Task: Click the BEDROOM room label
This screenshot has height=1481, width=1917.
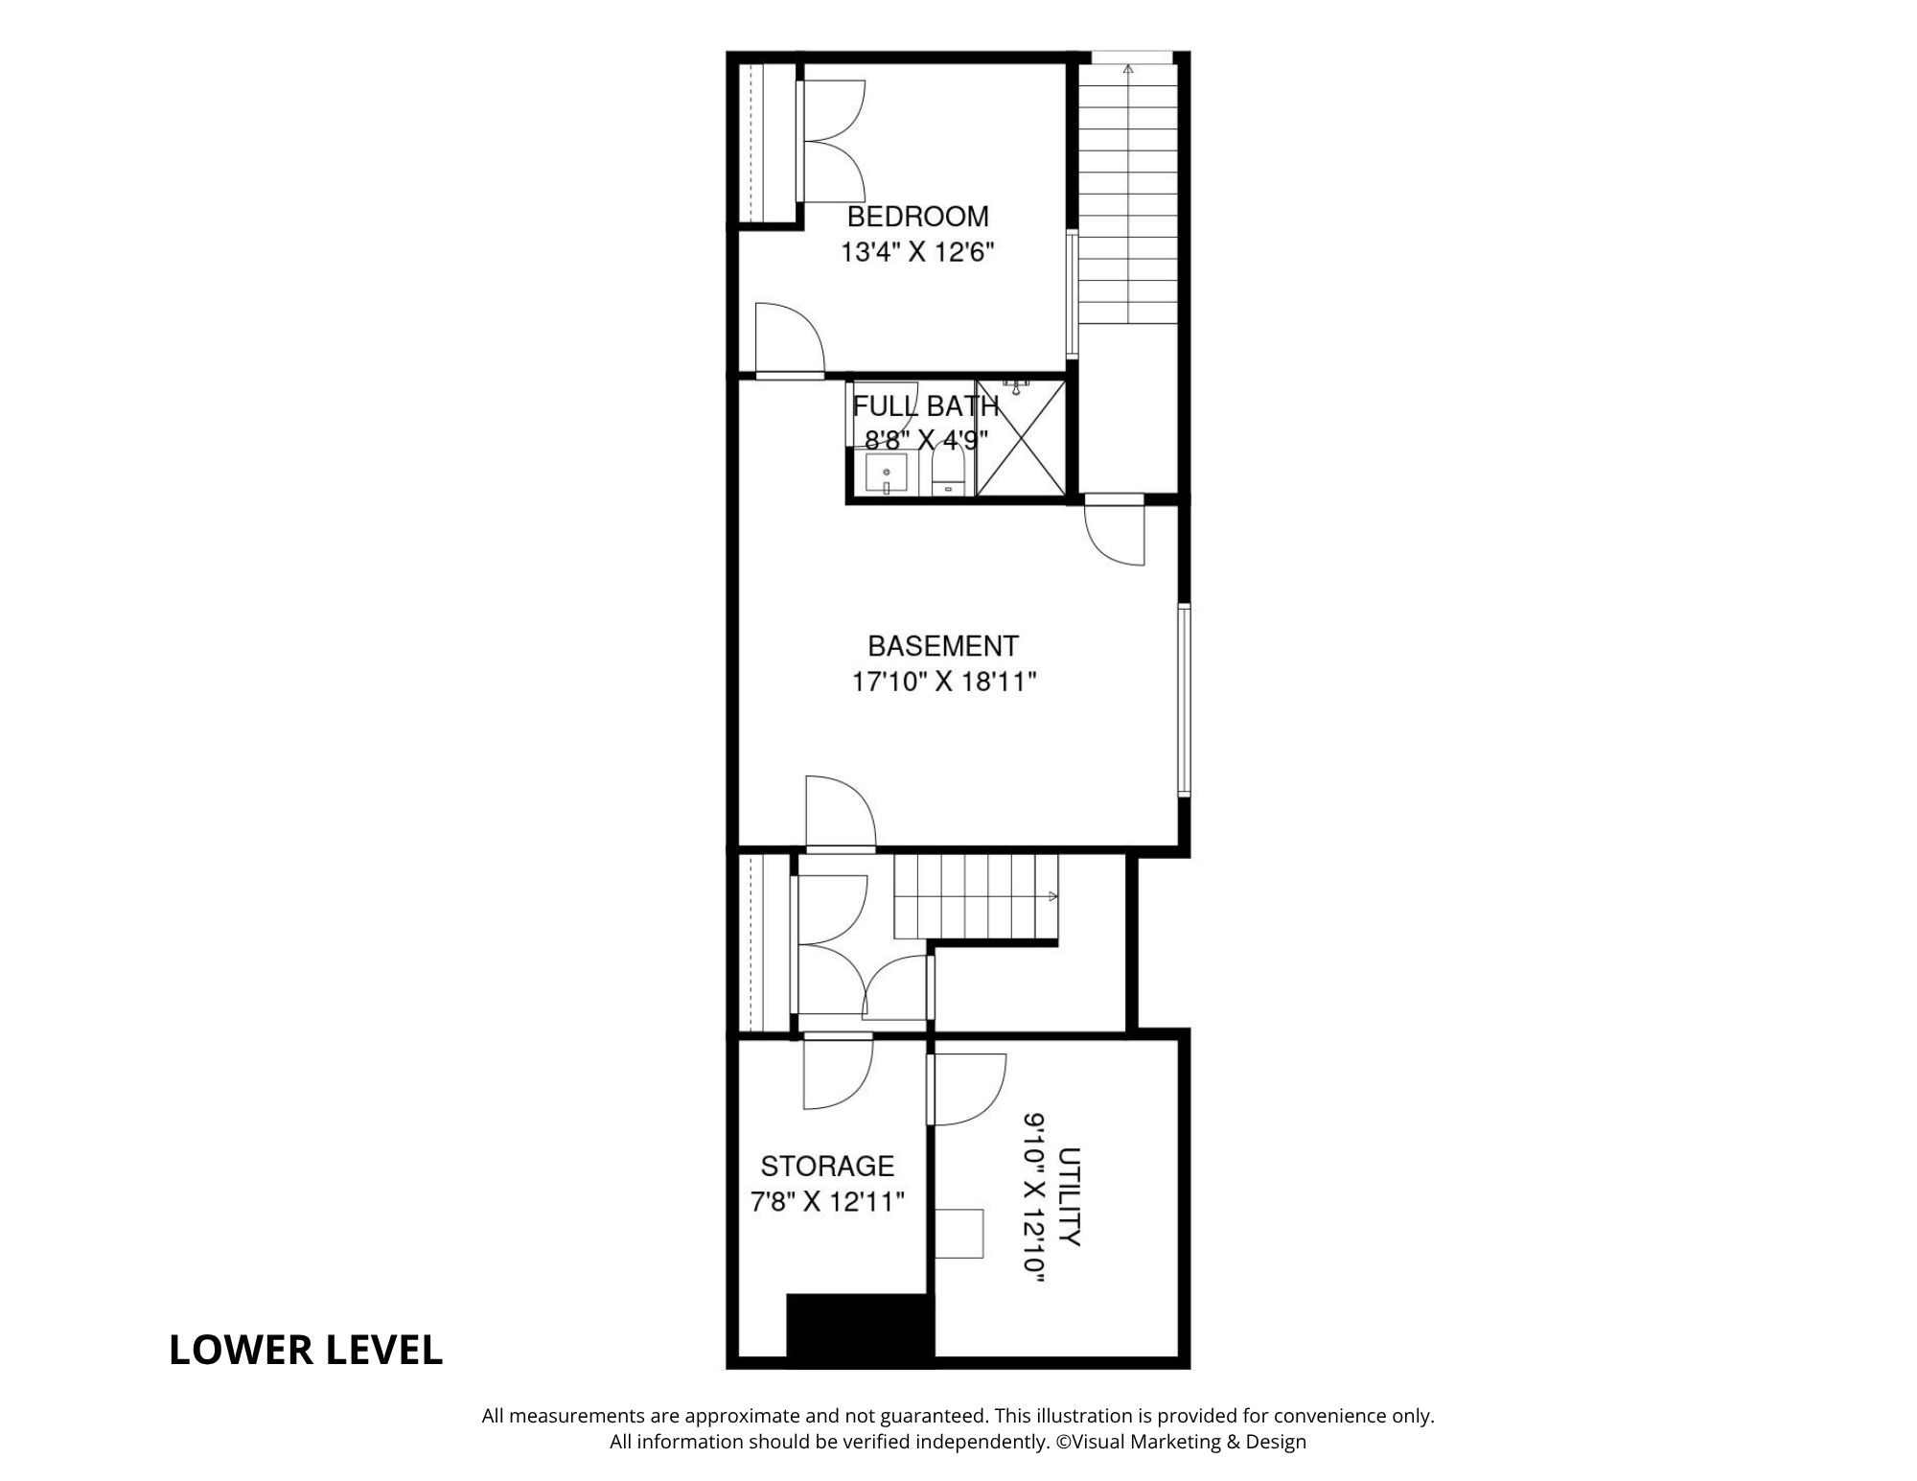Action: coord(917,217)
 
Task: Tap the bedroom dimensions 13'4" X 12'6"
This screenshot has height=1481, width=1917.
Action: coord(917,253)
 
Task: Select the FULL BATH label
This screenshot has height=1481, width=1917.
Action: coord(926,406)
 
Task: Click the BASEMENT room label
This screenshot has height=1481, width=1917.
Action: coord(943,646)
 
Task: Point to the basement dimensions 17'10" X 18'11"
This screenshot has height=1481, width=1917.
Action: coord(944,683)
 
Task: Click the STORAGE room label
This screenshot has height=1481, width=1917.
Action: coord(827,1166)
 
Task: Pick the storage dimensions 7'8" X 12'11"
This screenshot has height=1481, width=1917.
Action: coord(827,1202)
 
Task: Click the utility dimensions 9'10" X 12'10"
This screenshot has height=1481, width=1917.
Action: coord(1033,1206)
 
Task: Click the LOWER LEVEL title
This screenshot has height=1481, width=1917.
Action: coord(306,1350)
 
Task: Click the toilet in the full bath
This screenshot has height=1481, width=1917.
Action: coord(949,473)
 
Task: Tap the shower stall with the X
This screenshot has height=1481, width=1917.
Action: coord(1020,438)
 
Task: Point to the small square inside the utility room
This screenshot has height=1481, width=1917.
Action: coord(959,1234)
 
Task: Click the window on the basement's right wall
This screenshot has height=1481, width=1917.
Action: coord(1184,700)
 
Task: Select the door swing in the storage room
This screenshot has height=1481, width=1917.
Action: coord(838,1072)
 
